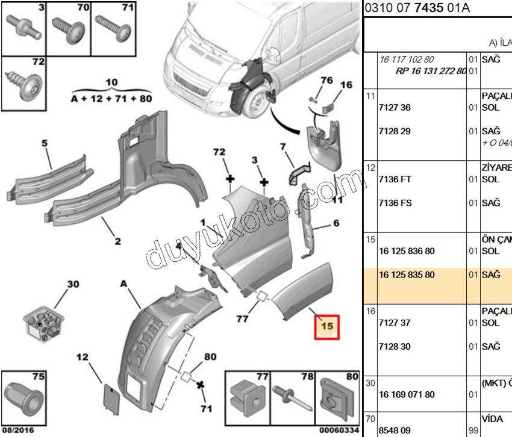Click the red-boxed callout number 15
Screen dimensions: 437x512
pos(328,327)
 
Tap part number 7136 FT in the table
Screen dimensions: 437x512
pos(395,179)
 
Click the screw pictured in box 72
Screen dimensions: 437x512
pos(23,84)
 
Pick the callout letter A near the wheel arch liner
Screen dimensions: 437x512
pos(123,283)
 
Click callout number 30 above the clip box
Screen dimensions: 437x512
pos(72,284)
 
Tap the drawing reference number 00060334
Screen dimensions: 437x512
pos(339,430)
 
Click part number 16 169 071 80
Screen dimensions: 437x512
pos(407,395)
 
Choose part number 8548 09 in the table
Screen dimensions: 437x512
pos(395,431)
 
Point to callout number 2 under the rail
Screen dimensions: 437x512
pos(117,241)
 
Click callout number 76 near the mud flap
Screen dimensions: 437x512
pos(326,81)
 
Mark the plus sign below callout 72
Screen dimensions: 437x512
pos(229,179)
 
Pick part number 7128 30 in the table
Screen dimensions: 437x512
pos(395,347)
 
